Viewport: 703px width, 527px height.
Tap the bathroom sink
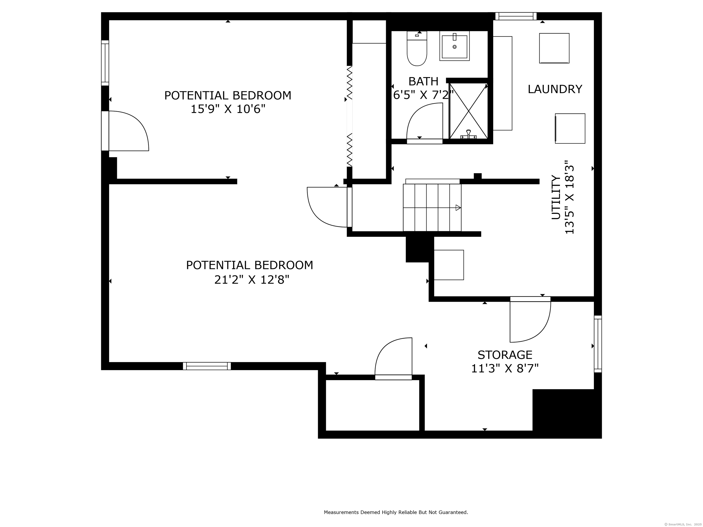coord(454,46)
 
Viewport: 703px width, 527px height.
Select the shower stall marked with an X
coord(468,111)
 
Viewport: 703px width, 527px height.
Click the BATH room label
coord(423,81)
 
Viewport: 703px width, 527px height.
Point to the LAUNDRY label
coord(555,89)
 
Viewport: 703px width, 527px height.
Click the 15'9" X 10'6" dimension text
coord(228,109)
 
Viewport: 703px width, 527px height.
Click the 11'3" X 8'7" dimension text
coord(505,368)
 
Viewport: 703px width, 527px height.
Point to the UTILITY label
coord(556,197)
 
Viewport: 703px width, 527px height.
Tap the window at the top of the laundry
coord(516,16)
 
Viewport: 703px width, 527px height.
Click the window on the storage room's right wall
coord(598,344)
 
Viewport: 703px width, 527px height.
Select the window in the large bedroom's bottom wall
coord(207,366)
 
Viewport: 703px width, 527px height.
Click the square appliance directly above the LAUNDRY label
coord(554,48)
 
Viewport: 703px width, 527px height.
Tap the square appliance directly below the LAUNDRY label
coord(570,128)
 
